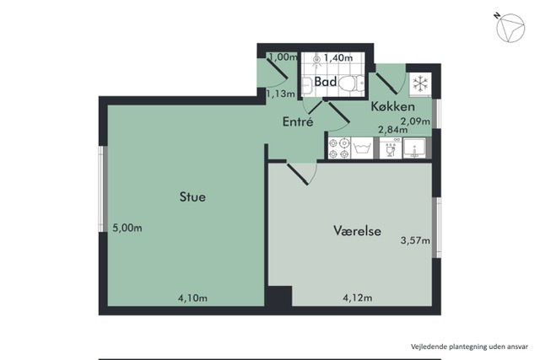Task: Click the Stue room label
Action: click(x=192, y=197)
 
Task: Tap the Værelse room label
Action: click(x=357, y=230)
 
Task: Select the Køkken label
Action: click(x=392, y=106)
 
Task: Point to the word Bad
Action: click(x=326, y=82)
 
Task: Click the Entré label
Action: click(x=298, y=121)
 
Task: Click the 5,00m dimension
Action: click(x=127, y=228)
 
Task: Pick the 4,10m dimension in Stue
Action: click(x=192, y=298)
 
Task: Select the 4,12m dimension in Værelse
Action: click(x=358, y=298)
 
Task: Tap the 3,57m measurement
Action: click(x=415, y=240)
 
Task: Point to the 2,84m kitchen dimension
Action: click(x=392, y=130)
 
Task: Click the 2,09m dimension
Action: click(x=415, y=121)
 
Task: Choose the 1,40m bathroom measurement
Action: click(x=338, y=57)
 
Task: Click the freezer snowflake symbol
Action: click(x=420, y=83)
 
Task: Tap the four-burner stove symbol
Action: click(x=339, y=148)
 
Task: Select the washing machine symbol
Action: click(x=362, y=148)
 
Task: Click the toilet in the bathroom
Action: click(x=351, y=83)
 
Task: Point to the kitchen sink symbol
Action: click(x=414, y=148)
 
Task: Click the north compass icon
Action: click(x=510, y=27)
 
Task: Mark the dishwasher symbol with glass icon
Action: click(x=390, y=148)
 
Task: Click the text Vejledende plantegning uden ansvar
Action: click(x=469, y=347)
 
